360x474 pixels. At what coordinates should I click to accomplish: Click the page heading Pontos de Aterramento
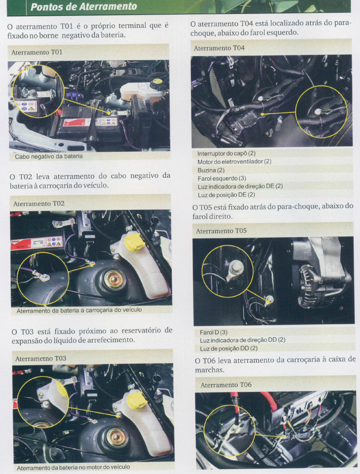click(x=84, y=7)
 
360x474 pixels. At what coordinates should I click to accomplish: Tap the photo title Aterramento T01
click(x=37, y=52)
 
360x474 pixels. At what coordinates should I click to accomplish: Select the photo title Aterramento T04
click(x=219, y=48)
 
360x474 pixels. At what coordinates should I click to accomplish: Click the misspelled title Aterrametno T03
click(x=40, y=358)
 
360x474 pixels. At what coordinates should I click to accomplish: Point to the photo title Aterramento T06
click(x=226, y=385)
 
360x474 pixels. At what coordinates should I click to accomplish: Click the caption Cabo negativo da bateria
click(x=49, y=156)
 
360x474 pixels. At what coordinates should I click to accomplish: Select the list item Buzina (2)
click(x=211, y=170)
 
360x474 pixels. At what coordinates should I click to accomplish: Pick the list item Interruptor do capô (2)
click(x=227, y=153)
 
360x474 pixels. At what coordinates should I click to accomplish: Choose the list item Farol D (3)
click(x=214, y=332)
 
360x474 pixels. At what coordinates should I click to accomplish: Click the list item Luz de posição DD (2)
click(x=229, y=348)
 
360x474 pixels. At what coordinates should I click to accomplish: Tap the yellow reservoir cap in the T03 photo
click(x=137, y=400)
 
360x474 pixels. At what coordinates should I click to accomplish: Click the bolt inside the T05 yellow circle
click(x=236, y=267)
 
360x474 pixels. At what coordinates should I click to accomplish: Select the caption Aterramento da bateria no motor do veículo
click(x=73, y=467)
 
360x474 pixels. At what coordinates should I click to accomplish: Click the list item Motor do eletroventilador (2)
click(x=234, y=162)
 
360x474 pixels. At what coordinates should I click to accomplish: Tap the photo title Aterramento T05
click(x=221, y=231)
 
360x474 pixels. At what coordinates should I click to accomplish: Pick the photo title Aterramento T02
click(x=39, y=204)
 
